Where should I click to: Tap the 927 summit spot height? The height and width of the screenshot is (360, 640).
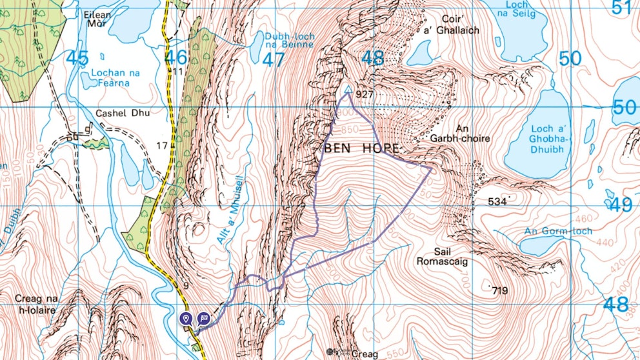[x=365, y=94]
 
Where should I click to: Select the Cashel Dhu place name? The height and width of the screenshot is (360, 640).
[x=123, y=114]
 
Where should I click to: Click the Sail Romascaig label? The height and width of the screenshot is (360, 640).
[x=441, y=256]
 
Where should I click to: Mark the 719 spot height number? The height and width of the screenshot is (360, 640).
[x=499, y=292]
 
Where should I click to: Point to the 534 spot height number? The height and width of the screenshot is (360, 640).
[x=497, y=202]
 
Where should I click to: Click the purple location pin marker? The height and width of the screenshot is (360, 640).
[x=186, y=317]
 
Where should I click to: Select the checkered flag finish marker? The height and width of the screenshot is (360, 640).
[x=204, y=317]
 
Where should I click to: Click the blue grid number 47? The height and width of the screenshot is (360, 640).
[x=274, y=59]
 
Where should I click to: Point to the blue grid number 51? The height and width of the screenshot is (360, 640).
[x=621, y=7]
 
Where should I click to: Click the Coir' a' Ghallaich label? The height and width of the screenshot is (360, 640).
[x=461, y=25]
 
